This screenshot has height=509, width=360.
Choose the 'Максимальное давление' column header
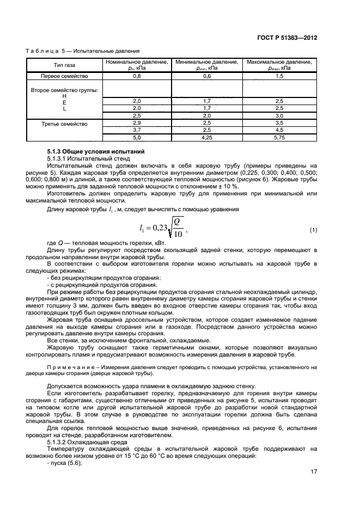click(x=279, y=65)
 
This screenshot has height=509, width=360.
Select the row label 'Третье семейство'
click(x=65, y=124)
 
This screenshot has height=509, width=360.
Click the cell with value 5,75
click(x=279, y=138)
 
